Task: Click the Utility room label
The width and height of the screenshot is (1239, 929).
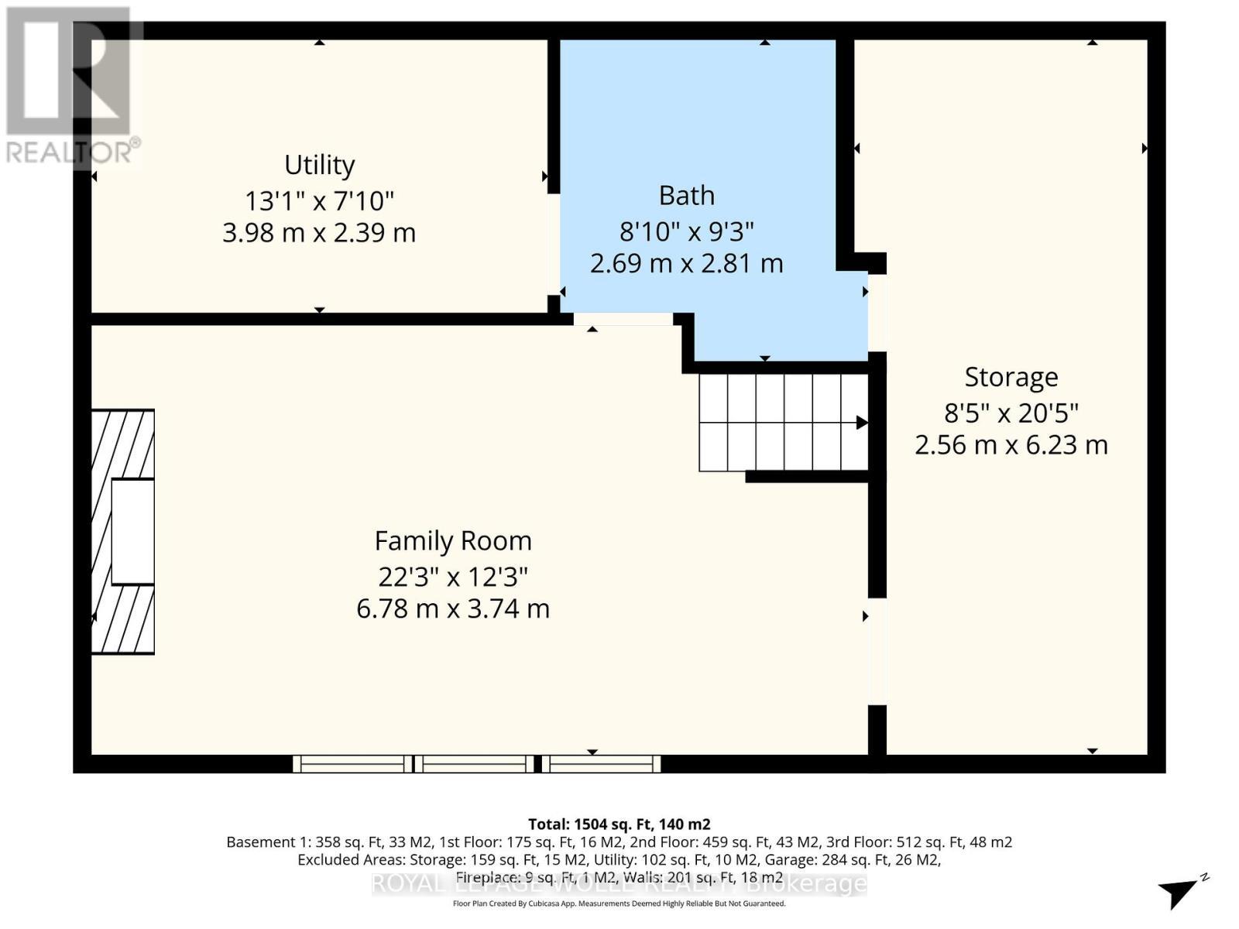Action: tap(319, 165)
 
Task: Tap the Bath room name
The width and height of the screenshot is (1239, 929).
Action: tap(686, 196)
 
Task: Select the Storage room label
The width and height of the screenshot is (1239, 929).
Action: tap(1011, 377)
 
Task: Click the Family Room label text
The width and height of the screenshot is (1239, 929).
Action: tap(453, 540)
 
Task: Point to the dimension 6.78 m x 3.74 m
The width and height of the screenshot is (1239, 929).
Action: tap(453, 608)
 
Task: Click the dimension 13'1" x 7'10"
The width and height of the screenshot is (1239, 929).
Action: tap(319, 201)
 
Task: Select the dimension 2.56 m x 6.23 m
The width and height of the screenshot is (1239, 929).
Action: tap(1011, 445)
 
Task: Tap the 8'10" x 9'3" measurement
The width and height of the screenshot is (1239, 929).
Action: tap(686, 231)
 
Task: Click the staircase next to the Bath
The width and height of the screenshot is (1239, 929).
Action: tap(782, 423)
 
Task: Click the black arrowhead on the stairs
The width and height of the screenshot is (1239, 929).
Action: tap(861, 423)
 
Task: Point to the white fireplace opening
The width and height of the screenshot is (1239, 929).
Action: tap(132, 531)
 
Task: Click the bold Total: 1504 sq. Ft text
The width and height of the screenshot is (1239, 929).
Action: tap(619, 824)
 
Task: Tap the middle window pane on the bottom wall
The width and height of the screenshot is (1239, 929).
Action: tap(474, 764)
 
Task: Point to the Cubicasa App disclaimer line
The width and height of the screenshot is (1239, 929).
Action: tap(619, 903)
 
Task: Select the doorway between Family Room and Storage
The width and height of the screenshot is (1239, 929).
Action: tap(877, 651)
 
